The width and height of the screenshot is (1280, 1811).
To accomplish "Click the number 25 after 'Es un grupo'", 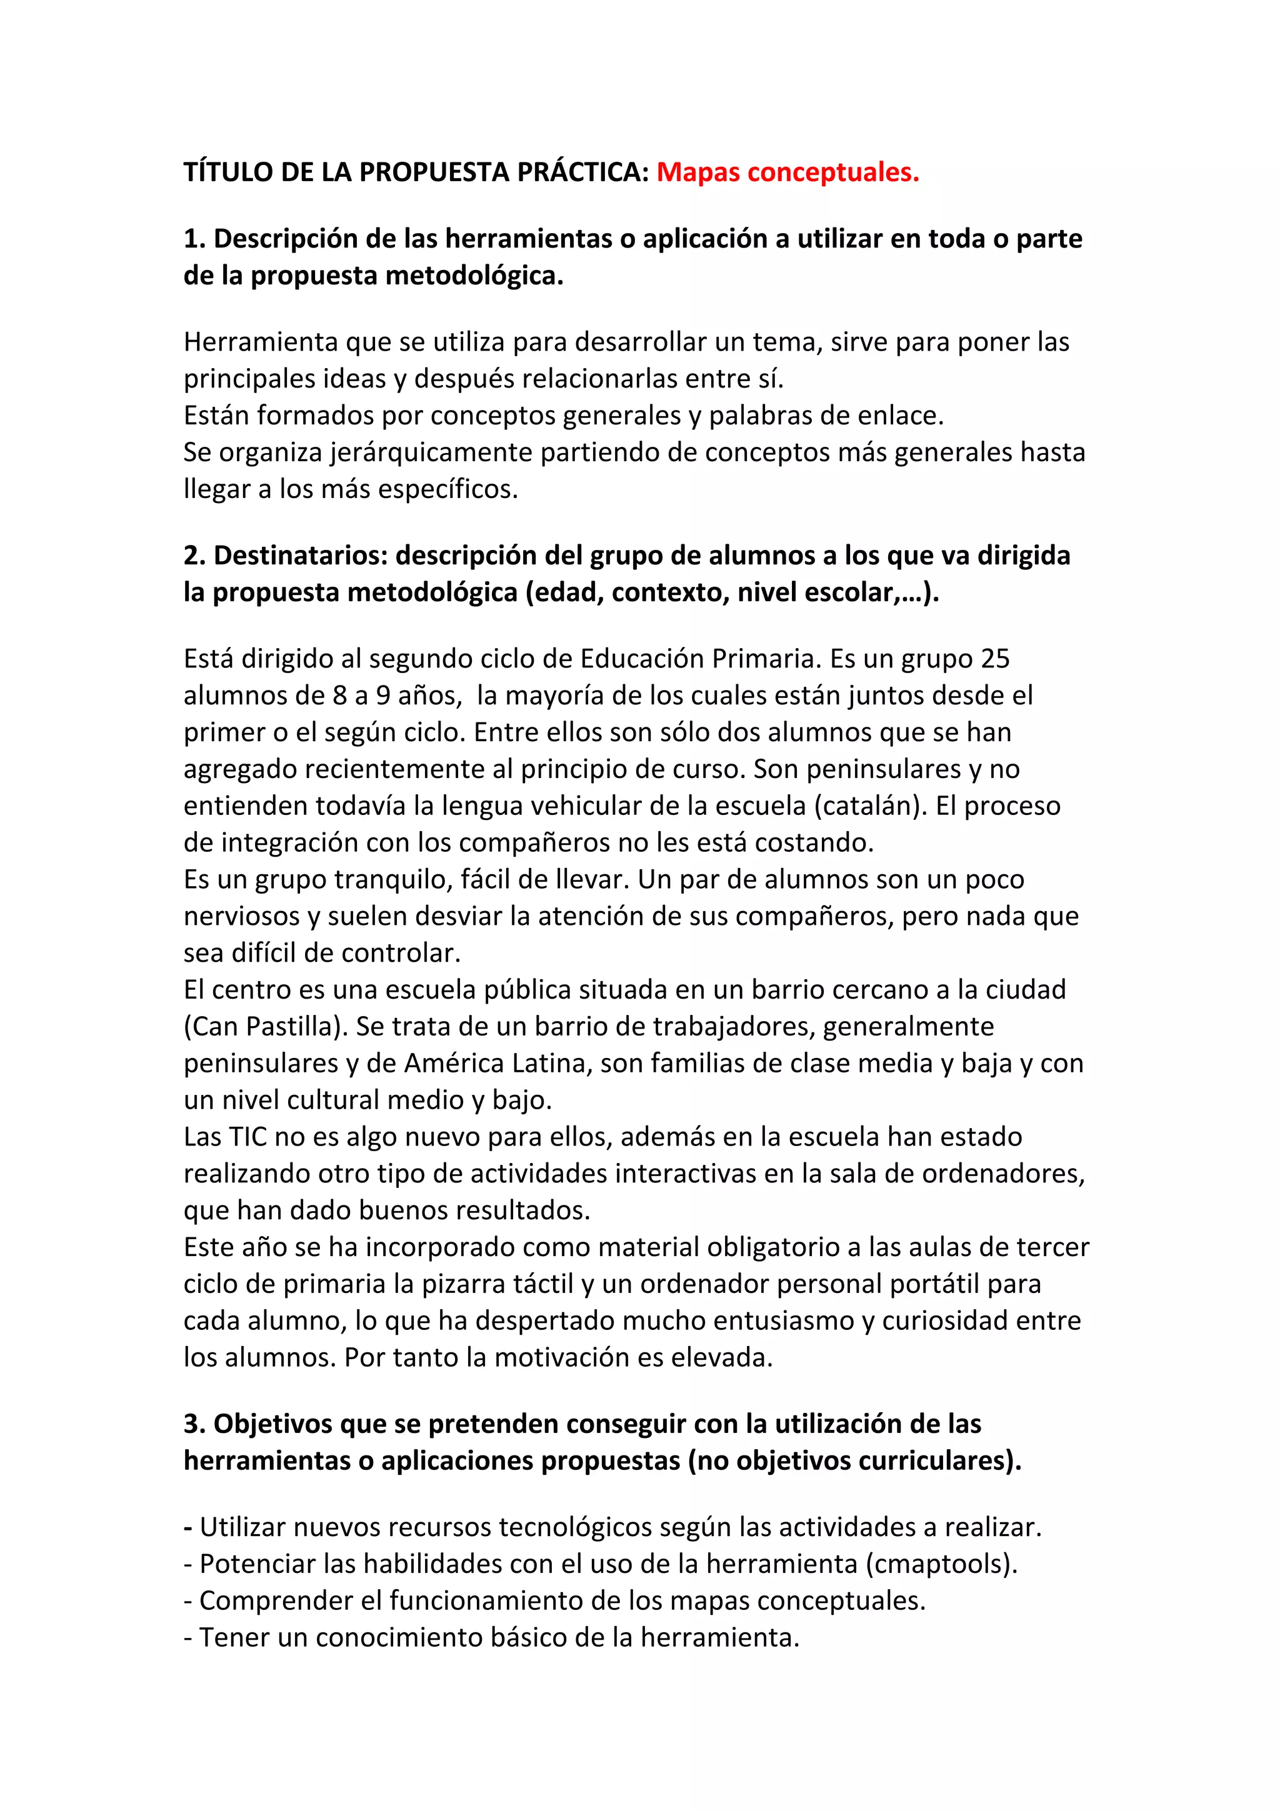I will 995,659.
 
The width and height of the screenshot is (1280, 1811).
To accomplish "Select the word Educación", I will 642,659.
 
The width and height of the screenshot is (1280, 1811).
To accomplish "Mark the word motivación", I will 578,1357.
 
